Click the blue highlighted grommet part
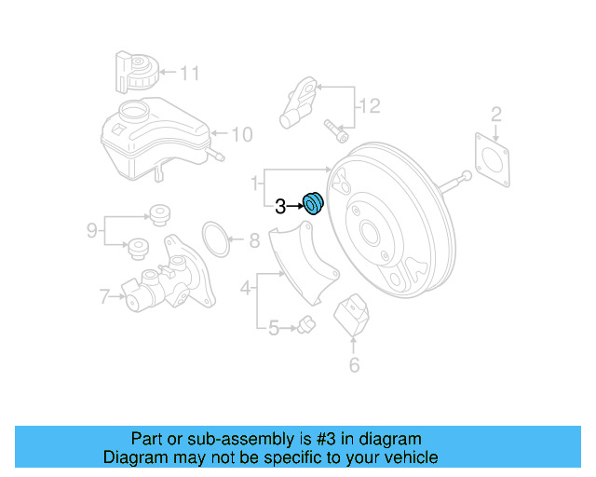pyautogui.click(x=313, y=202)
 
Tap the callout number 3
pyautogui.click(x=280, y=208)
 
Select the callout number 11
pyautogui.click(x=190, y=72)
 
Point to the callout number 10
pyautogui.click(x=241, y=135)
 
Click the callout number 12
pyautogui.click(x=370, y=107)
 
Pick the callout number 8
pyautogui.click(x=254, y=242)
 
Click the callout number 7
pyautogui.click(x=104, y=298)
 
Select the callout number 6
pyautogui.click(x=354, y=365)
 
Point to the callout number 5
pyautogui.click(x=273, y=328)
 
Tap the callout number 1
pyautogui.click(x=254, y=181)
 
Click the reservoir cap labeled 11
pyautogui.click(x=137, y=72)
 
